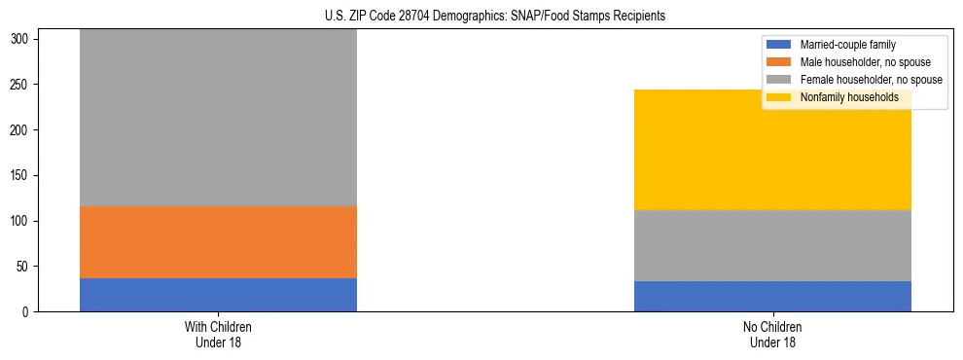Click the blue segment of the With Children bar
click(x=218, y=295)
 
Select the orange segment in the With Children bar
click(x=218, y=242)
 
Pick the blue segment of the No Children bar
click(x=772, y=296)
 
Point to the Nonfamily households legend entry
click(x=842, y=97)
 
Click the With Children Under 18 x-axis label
click(x=218, y=335)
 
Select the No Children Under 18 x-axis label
click(x=772, y=335)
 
